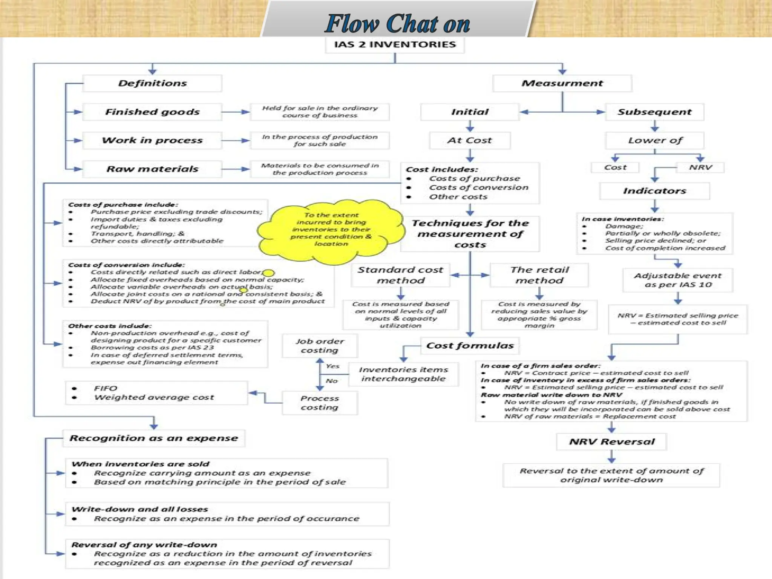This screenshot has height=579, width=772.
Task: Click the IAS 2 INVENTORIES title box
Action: coord(395,45)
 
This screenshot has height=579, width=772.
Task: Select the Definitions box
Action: coord(152,83)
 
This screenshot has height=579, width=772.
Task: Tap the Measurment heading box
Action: coord(562,83)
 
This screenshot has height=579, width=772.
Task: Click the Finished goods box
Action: coord(152,112)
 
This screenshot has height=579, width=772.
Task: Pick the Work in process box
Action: coord(152,141)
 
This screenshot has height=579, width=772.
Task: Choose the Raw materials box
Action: coord(152,169)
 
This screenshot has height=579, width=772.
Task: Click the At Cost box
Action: coord(470,141)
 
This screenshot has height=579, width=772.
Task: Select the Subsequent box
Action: coord(654,112)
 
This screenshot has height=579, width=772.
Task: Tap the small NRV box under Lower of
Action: coord(700,167)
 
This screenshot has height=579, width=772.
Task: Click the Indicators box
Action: coord(654,191)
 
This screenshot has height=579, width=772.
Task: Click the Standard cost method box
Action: coord(400,275)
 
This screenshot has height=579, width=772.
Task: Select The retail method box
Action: coord(539,275)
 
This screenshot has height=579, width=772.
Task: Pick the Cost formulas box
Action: coord(470,346)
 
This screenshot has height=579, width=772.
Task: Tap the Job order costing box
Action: coord(320,346)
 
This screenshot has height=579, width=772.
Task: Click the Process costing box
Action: coord(320,403)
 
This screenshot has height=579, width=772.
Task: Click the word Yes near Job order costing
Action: coord(332,366)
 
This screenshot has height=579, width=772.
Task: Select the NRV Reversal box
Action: coord(611,442)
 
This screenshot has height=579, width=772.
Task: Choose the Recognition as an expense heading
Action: coord(154,438)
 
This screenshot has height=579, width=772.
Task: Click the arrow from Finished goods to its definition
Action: coord(236,112)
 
